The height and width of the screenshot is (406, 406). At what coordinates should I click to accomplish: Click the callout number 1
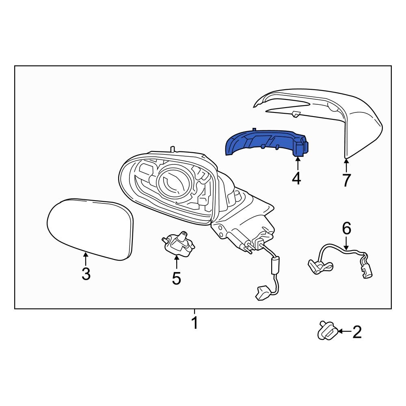point(194,323)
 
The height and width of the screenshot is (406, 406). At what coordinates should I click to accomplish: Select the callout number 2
point(356,333)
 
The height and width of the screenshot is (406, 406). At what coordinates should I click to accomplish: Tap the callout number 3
point(86,274)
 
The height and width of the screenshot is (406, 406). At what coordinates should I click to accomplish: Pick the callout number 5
point(176,278)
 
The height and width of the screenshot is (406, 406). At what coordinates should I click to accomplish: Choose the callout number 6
point(346,229)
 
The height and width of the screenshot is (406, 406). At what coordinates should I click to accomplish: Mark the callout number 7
point(346,180)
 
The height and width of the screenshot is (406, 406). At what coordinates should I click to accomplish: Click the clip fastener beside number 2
point(327,332)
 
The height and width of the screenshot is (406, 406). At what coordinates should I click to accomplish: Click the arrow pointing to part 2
point(343,332)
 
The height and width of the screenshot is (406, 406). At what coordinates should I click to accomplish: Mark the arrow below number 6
point(346,243)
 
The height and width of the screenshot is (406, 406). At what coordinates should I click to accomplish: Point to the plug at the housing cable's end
point(262,294)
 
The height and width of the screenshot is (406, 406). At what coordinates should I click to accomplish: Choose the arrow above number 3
point(85,258)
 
